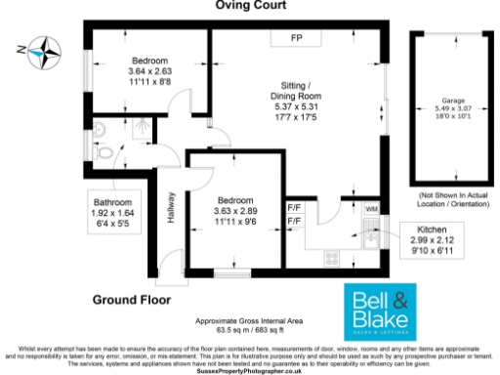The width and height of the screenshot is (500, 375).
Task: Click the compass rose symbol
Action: point(43,47)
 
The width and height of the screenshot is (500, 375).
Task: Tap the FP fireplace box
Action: point(296,38)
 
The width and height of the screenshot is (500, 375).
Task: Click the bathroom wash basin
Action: point(104,128)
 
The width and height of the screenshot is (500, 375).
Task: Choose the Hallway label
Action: point(170,207)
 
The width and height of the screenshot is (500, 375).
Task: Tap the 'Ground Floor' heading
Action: point(132,299)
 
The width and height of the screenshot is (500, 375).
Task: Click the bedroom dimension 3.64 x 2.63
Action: point(149,71)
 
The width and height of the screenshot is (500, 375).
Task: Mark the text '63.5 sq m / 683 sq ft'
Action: point(250,330)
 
